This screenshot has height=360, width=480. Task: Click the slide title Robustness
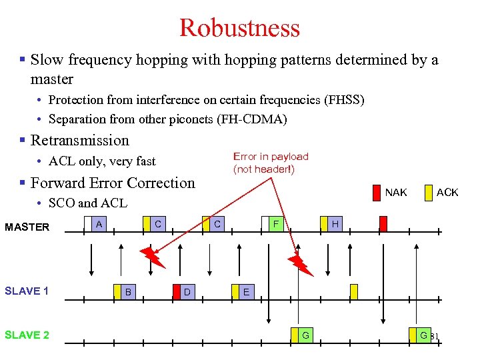(x=239, y=28)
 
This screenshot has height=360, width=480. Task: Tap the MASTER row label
(x=27, y=227)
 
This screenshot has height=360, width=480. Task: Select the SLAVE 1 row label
(x=27, y=291)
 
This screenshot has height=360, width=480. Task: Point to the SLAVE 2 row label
(x=27, y=335)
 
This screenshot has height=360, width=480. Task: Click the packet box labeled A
(x=99, y=225)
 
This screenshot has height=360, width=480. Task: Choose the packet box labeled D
(x=187, y=291)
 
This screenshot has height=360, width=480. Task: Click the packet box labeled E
(x=245, y=291)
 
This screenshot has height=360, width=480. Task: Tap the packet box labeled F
(x=275, y=225)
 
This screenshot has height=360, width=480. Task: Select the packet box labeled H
(x=335, y=225)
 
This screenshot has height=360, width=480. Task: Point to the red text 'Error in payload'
(x=271, y=157)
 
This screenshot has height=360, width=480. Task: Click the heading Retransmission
(x=79, y=140)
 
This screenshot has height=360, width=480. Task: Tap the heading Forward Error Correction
(x=113, y=183)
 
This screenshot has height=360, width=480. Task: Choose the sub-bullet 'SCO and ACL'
(x=87, y=203)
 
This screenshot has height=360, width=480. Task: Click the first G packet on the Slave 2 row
(x=304, y=335)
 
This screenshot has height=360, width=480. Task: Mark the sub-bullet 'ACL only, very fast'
(x=102, y=161)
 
